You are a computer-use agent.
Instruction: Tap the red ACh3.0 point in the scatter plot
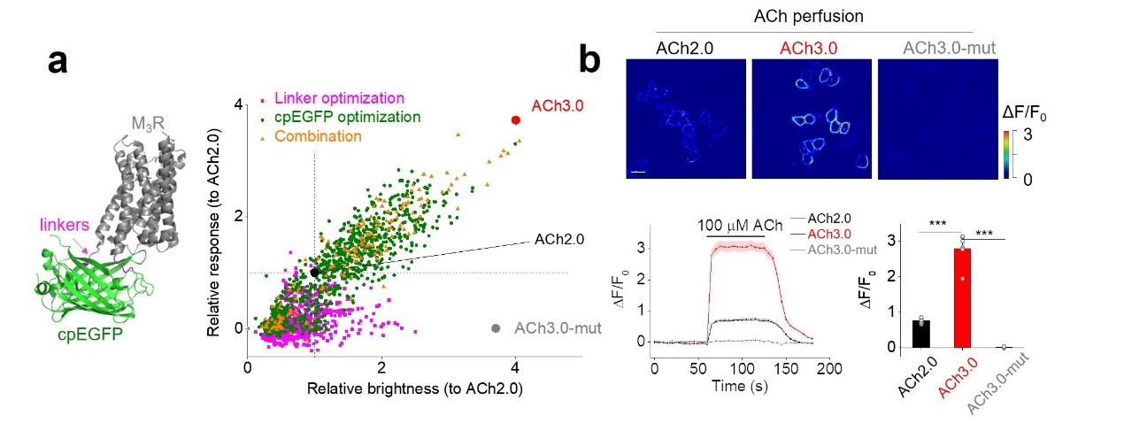coord(516,119)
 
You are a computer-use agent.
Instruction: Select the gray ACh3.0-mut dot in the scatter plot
coord(496,328)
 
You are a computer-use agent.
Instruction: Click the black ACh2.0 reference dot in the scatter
coord(315,273)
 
